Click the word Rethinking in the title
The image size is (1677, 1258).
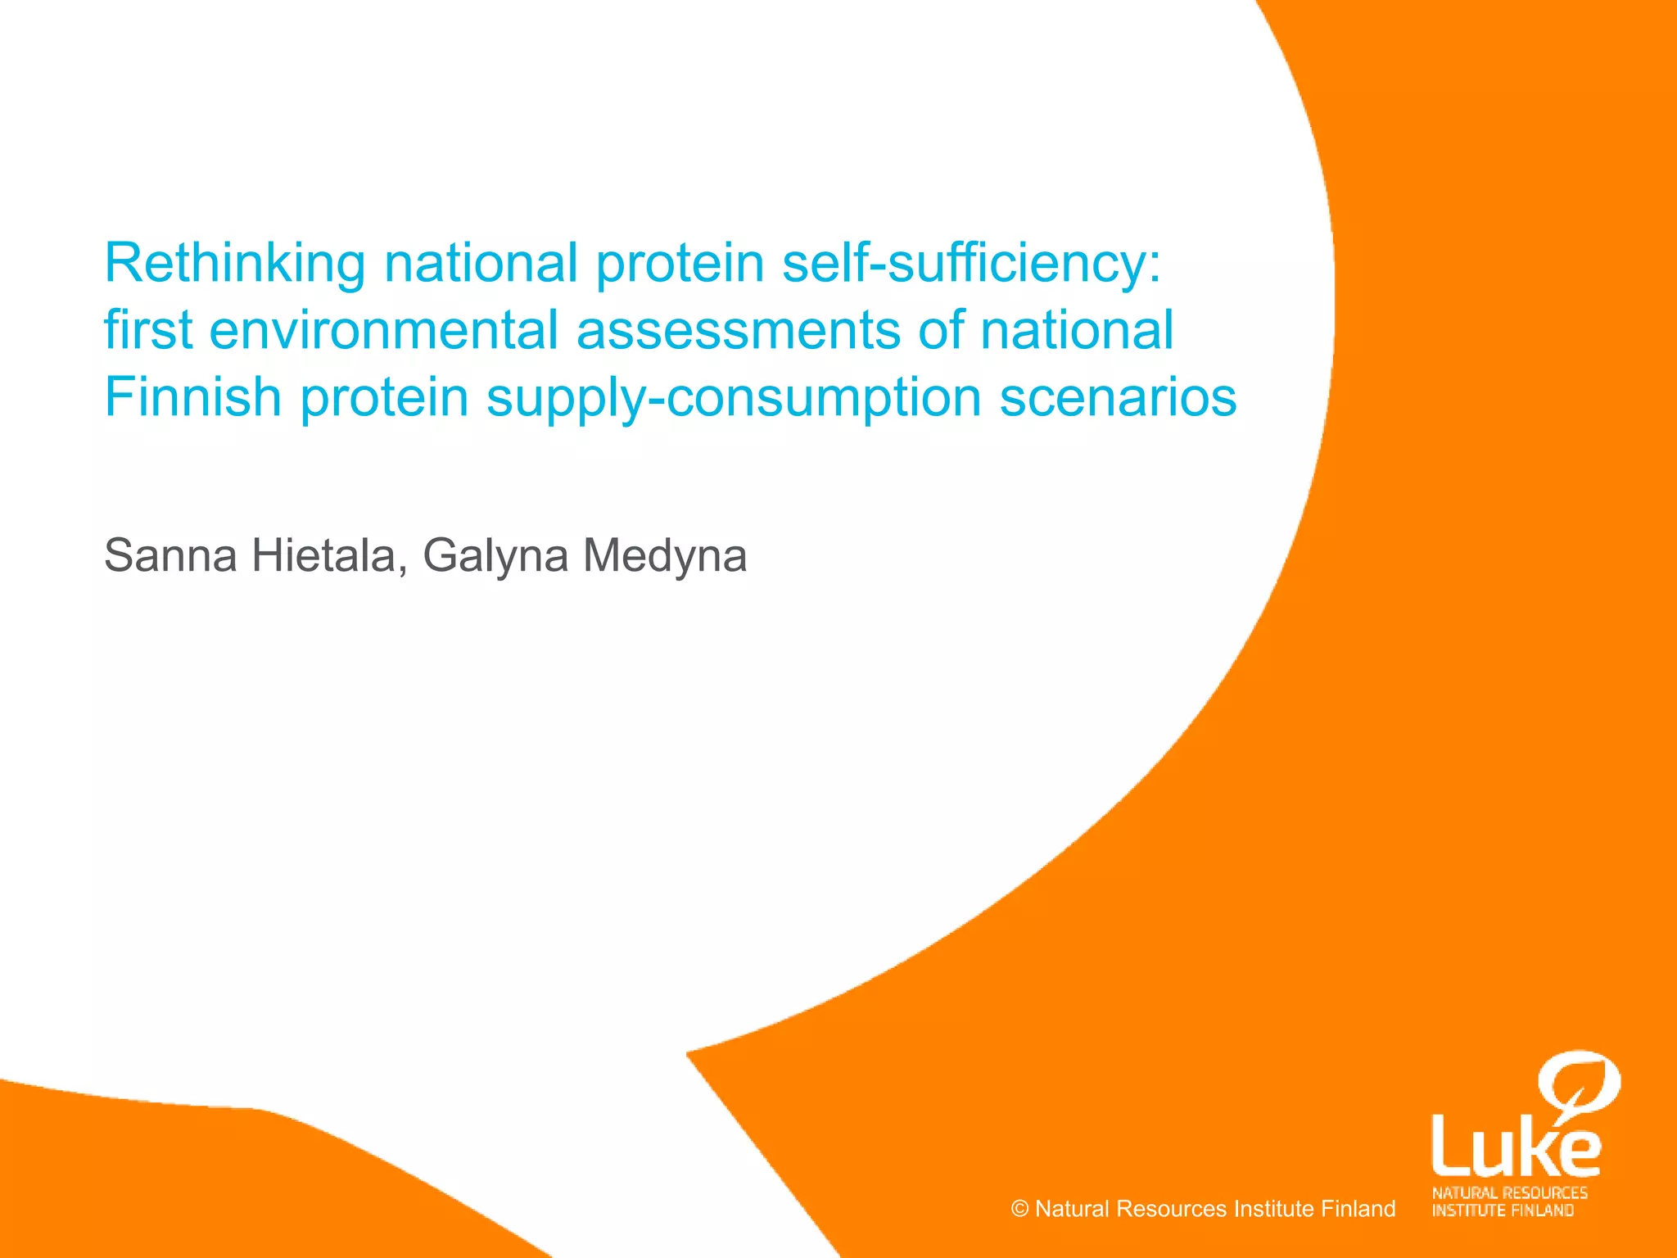(234, 264)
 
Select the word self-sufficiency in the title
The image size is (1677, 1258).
(971, 264)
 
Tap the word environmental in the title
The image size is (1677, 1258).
(383, 330)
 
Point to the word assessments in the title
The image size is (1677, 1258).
(738, 330)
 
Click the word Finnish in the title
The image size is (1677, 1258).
(192, 397)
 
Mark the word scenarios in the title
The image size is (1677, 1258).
(1118, 397)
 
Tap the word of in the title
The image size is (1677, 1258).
(941, 330)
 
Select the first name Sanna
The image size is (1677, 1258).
(170, 556)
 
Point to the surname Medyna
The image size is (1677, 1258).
(664, 556)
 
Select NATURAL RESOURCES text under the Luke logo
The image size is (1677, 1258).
(1509, 1192)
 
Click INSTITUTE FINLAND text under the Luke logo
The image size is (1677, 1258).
(1503, 1210)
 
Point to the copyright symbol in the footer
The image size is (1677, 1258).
(1019, 1209)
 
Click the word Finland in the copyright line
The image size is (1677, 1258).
(1358, 1209)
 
